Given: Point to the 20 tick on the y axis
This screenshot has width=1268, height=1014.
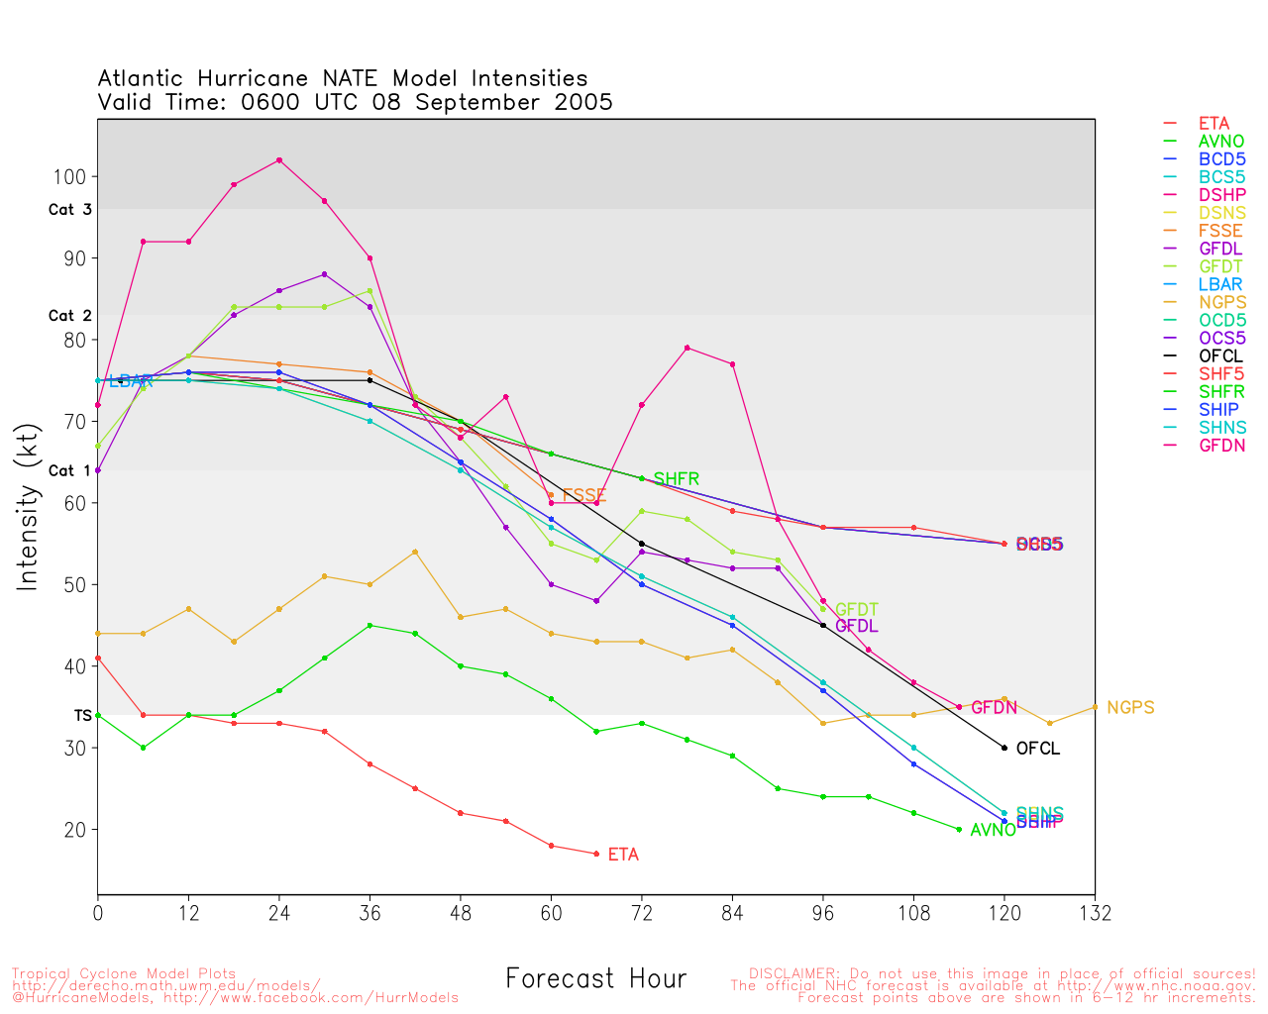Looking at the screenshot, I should [x=76, y=830].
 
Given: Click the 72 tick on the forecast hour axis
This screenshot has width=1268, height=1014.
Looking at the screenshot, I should [x=642, y=913].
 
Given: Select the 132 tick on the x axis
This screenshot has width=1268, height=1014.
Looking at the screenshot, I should [x=1095, y=913].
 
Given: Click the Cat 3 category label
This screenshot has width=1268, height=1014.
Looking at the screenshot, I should [x=69, y=210].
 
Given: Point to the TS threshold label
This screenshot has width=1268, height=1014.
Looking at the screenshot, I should [x=82, y=715].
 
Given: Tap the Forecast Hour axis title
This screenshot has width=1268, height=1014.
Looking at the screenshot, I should [x=595, y=979].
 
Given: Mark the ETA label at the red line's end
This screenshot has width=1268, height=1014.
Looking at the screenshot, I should [x=623, y=855].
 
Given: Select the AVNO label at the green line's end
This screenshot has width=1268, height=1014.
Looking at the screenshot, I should [x=993, y=831].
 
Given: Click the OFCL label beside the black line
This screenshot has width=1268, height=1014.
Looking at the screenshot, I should [x=1038, y=749].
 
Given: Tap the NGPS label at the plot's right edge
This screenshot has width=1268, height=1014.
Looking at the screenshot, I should [x=1130, y=708].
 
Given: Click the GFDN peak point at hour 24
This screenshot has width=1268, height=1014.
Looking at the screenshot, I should [x=279, y=160].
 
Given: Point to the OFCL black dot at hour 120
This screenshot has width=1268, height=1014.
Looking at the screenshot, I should [x=1004, y=748].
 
